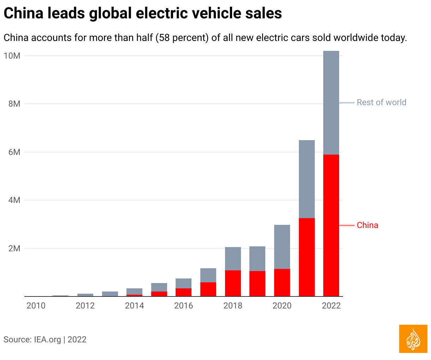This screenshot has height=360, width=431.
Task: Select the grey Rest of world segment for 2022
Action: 331,102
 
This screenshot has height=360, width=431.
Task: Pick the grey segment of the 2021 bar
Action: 307,179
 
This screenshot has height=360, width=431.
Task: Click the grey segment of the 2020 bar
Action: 282,247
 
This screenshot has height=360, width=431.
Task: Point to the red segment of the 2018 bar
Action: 233,283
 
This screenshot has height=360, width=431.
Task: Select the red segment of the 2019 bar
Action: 257,283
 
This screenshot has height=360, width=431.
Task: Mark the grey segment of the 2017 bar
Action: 208,275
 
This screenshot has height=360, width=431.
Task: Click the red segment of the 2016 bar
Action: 183,292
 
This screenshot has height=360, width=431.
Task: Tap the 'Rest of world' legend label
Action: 381,102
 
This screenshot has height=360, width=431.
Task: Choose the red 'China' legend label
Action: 367,225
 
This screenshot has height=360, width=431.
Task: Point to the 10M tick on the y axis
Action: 12,56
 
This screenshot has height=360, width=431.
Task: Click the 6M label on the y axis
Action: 14,152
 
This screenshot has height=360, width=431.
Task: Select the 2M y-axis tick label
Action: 14,248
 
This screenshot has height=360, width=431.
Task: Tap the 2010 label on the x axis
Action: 36,306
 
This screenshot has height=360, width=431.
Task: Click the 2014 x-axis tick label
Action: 134,306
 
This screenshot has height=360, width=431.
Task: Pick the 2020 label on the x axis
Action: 282,306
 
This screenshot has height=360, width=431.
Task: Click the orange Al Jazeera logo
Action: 413,339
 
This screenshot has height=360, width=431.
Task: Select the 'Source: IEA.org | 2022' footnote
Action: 45,340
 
